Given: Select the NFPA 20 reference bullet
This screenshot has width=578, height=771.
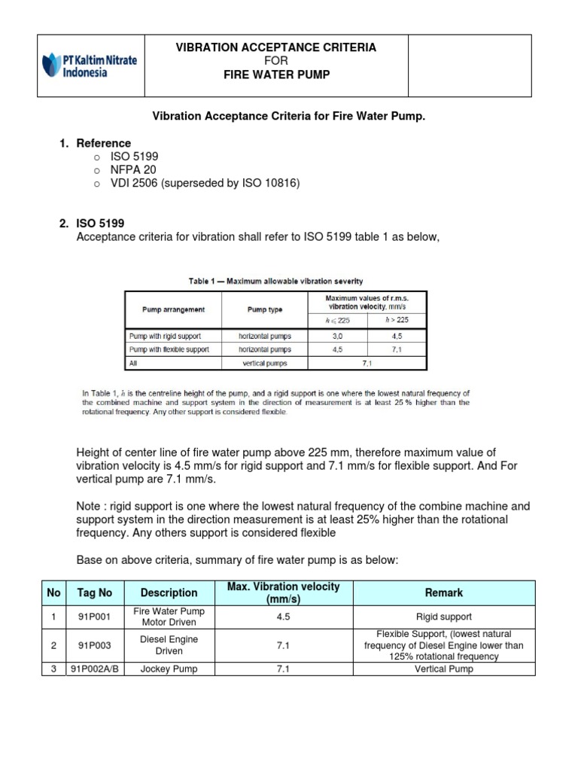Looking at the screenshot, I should [x=133, y=169].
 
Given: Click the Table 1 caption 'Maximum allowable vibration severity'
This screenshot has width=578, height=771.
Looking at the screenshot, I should [x=275, y=281].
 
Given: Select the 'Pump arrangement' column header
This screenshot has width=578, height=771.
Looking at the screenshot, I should [x=173, y=309].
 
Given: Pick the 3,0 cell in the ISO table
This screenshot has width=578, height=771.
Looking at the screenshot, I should [x=338, y=336].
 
